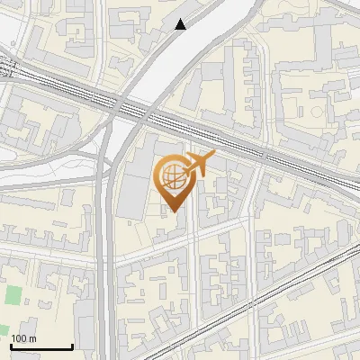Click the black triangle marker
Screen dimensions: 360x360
pyautogui.click(x=181, y=24)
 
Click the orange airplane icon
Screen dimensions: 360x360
pyautogui.click(x=200, y=164)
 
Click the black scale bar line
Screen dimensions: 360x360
pyautogui.click(x=41, y=346)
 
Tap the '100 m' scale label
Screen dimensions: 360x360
pyautogui.click(x=24, y=338)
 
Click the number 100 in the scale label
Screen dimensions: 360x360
pyautogui.click(x=20, y=338)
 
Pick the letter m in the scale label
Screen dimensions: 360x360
pyautogui.click(x=32, y=338)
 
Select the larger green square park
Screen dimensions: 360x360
pyautogui.click(x=13, y=294)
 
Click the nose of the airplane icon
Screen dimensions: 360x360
pyautogui.click(x=215, y=157)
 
